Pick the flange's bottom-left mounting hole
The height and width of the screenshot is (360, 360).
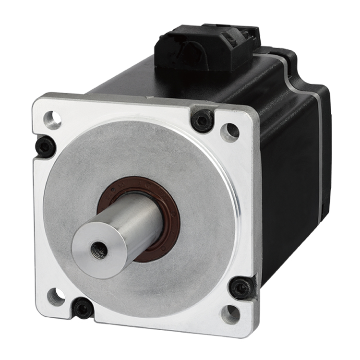point(56,297)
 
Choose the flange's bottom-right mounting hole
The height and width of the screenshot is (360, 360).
point(230,313)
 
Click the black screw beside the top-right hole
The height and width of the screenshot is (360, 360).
point(203,120)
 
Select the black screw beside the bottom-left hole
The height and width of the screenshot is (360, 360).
point(83,308)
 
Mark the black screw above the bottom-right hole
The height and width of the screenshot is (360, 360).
point(241,288)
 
